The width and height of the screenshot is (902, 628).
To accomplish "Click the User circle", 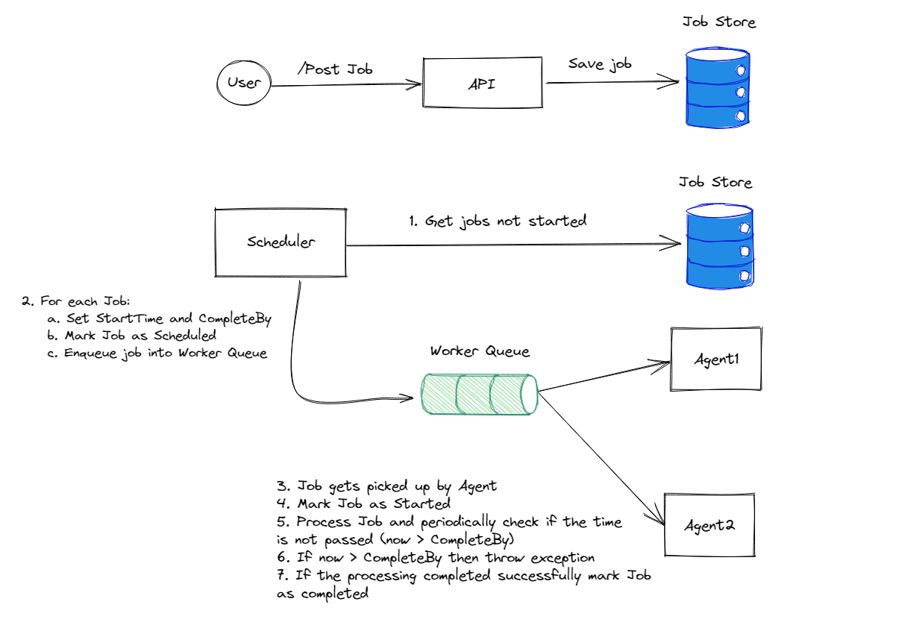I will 243,83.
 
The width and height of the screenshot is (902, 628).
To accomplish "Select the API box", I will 482,84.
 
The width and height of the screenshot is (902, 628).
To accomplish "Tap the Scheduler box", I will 281,242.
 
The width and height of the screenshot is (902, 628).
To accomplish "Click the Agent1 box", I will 716,359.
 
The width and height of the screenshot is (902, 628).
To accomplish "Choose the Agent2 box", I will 710,524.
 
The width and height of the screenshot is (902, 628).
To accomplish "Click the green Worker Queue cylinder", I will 478,393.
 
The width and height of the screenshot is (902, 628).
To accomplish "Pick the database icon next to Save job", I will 718,90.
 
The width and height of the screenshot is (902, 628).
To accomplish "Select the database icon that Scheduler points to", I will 718,247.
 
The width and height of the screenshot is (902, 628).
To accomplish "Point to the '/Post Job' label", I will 334,69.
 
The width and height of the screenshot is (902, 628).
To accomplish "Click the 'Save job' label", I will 600,64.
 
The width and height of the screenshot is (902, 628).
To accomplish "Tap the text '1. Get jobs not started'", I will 497,221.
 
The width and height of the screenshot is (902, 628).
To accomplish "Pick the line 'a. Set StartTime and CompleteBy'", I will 158,318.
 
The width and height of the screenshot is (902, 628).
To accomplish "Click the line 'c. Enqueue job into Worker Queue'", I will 156,353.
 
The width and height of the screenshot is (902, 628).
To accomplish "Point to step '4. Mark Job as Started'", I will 363,504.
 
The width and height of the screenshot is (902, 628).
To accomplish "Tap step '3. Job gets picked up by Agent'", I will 386,486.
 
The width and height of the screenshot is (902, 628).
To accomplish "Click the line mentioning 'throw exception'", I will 435,557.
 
